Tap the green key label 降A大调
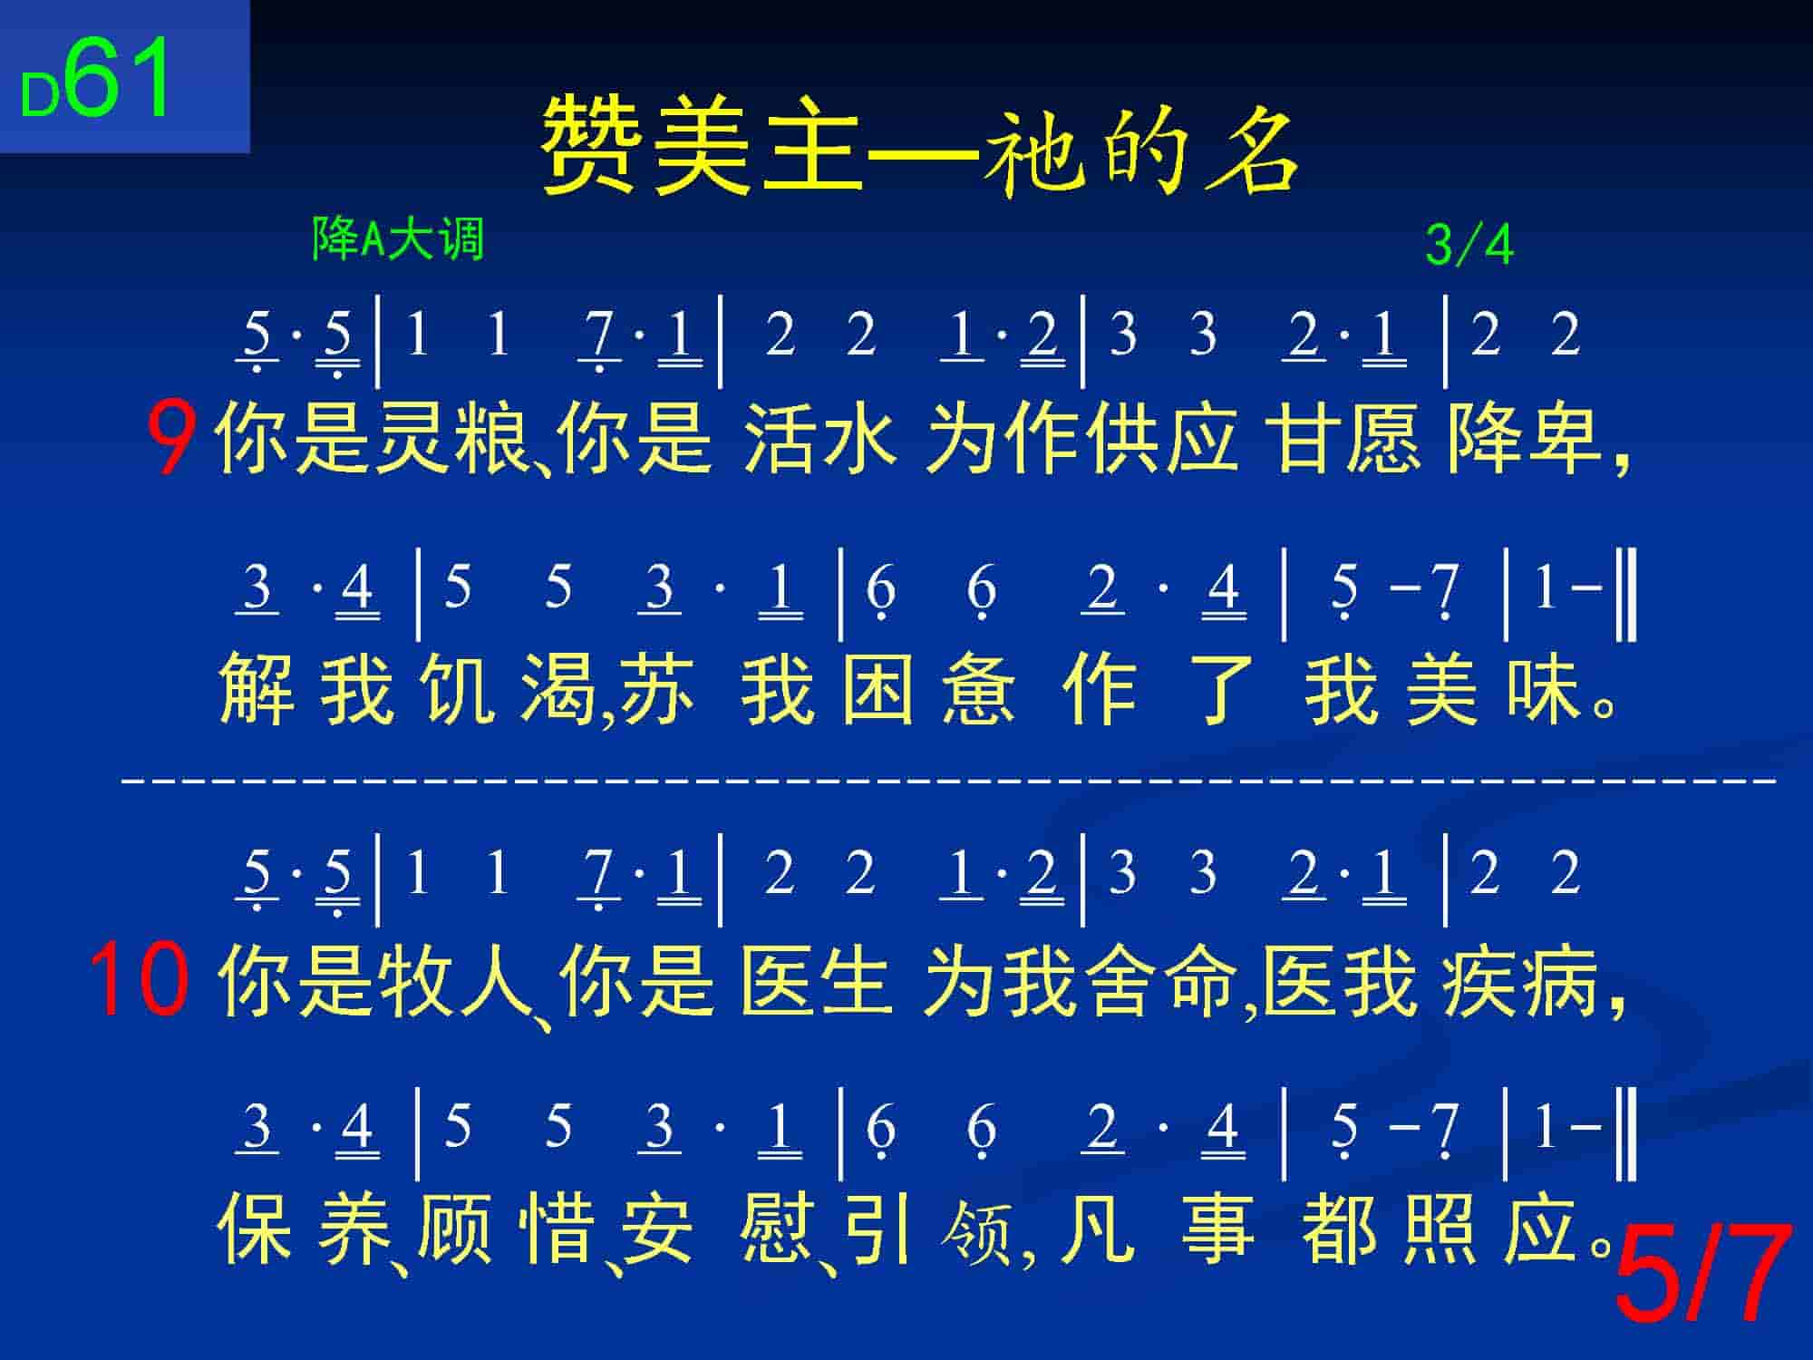click(398, 239)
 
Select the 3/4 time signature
click(1469, 245)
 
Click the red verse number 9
click(172, 441)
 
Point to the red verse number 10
click(140, 980)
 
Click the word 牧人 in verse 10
click(453, 980)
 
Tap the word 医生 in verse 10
click(816, 980)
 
